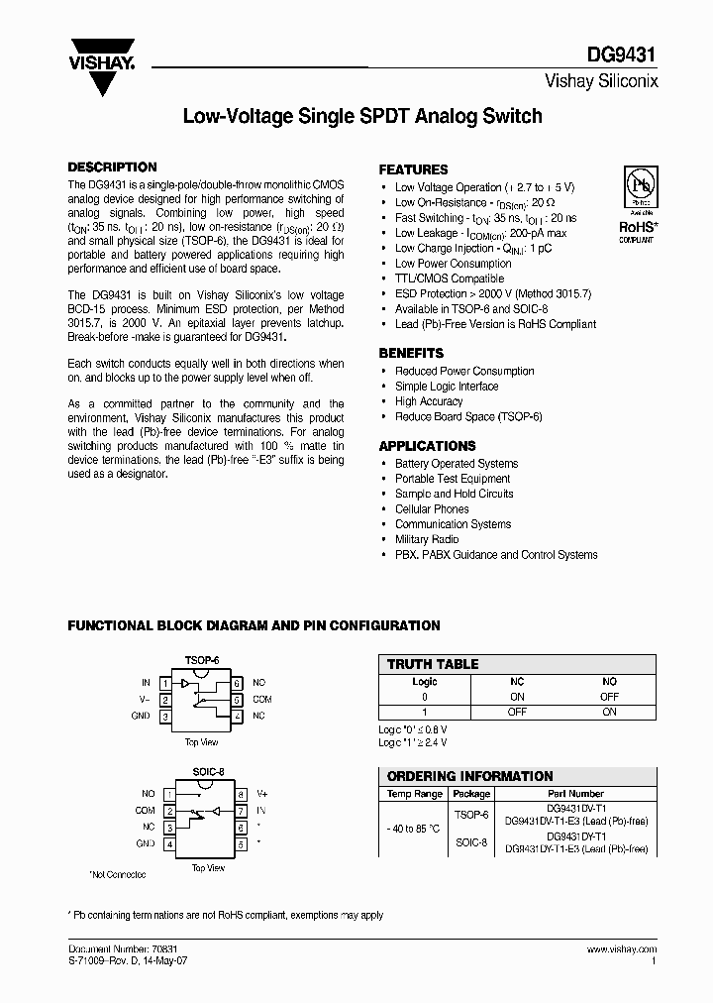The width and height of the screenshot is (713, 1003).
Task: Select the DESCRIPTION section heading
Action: click(x=111, y=167)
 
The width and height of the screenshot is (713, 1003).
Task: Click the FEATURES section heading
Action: click(x=413, y=169)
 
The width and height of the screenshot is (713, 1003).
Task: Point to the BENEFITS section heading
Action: click(x=411, y=353)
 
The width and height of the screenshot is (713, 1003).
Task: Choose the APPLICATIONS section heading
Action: click(x=427, y=446)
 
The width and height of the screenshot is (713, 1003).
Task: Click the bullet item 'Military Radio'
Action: click(x=427, y=539)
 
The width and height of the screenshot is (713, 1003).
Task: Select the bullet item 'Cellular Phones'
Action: click(x=432, y=508)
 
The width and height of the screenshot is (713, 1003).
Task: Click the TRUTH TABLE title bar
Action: click(x=432, y=664)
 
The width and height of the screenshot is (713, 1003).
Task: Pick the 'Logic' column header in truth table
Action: click(x=424, y=682)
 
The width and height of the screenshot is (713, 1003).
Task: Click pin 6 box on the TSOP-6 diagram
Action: click(x=237, y=683)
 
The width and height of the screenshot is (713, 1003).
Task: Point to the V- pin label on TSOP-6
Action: click(x=145, y=699)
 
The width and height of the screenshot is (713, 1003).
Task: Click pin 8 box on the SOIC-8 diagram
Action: click(x=241, y=794)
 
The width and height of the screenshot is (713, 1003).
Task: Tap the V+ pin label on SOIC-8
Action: click(x=262, y=794)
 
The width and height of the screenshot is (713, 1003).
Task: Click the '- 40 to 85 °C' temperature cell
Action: click(x=415, y=829)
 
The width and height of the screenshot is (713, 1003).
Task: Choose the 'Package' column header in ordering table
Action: click(x=471, y=793)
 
